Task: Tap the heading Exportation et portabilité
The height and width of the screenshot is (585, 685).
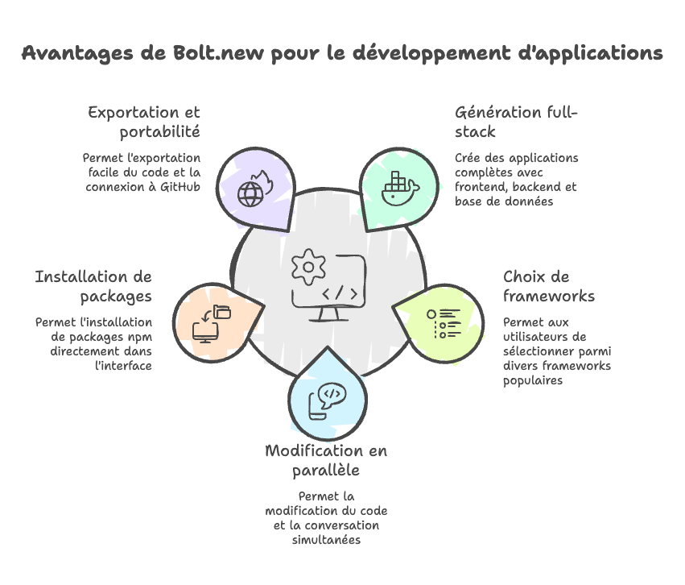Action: [x=145, y=122]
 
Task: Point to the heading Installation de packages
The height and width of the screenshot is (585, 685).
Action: [x=93, y=287]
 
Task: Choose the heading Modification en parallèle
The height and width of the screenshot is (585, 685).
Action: [x=326, y=459]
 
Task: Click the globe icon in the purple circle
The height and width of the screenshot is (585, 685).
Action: [x=251, y=194]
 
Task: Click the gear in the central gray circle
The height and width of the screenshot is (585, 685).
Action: [x=307, y=268]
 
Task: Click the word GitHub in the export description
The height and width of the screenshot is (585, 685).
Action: [x=179, y=187]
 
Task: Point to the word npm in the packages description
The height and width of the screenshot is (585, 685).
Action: [x=139, y=337]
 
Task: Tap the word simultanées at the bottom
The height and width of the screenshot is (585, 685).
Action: [x=326, y=540]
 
